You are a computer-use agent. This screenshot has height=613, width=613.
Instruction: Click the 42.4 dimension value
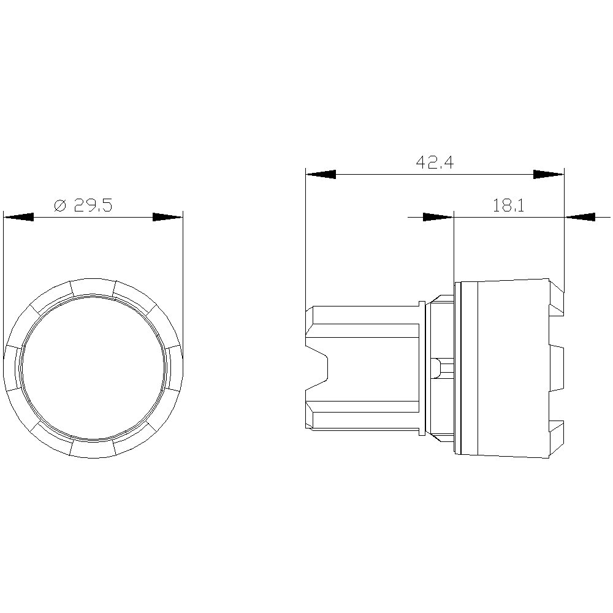(x=435, y=162)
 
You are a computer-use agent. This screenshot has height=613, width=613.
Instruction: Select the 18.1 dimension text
(x=508, y=205)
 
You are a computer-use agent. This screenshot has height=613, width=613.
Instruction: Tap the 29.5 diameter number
(x=93, y=205)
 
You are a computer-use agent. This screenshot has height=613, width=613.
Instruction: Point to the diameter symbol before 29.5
(x=60, y=205)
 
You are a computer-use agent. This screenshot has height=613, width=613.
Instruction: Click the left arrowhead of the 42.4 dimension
(x=321, y=174)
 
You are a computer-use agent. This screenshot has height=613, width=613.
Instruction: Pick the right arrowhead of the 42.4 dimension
(x=549, y=174)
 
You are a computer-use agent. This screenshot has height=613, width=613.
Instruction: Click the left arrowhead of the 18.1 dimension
(x=438, y=217)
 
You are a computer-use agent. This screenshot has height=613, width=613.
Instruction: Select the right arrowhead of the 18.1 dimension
(x=580, y=217)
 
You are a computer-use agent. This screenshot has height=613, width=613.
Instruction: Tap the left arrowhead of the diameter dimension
(x=18, y=217)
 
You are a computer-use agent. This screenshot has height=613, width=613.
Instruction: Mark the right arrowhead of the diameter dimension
(x=168, y=217)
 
